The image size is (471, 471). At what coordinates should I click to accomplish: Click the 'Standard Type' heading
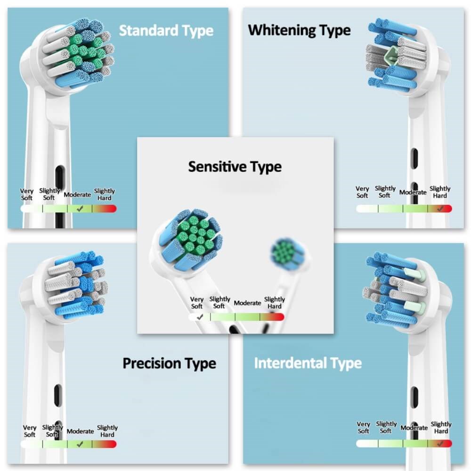tap(166, 31)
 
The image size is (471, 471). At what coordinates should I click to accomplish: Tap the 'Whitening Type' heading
tap(299, 30)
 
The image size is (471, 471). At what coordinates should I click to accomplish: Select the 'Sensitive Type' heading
tap(235, 166)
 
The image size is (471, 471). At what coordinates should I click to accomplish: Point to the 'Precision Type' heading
tap(169, 363)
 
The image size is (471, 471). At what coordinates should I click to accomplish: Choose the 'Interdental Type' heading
tap(308, 363)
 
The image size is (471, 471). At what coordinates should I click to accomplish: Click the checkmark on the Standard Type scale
tap(80, 208)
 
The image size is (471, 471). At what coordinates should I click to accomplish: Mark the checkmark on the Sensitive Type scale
tap(200, 317)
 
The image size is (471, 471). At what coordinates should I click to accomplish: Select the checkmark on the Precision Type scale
tap(80, 444)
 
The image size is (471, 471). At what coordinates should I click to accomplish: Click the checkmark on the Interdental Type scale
tap(440, 443)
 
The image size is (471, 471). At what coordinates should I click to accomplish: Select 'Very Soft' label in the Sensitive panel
tap(197, 303)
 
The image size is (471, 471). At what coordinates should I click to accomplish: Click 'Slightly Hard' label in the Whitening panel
tap(440, 192)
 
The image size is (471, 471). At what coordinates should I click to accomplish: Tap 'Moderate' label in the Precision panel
tap(80, 431)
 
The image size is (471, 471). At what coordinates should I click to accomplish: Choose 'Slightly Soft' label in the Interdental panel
tap(386, 428)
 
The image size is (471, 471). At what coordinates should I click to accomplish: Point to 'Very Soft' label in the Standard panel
tap(27, 195)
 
